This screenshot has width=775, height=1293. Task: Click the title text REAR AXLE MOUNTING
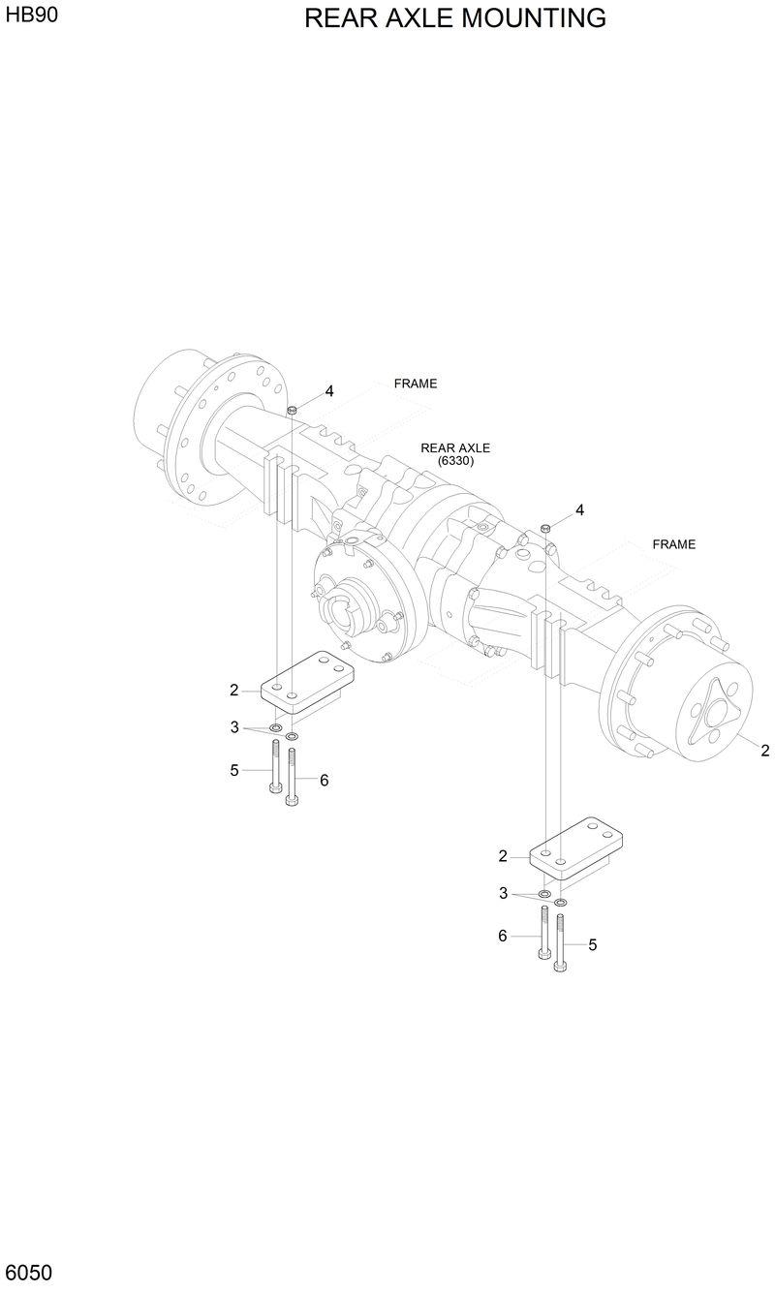pyautogui.click(x=455, y=18)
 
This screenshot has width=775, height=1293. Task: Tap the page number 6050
pyautogui.click(x=29, y=1271)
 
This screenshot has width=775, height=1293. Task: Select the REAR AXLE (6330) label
pyautogui.click(x=455, y=454)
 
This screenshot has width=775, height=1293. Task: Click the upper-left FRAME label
pyautogui.click(x=416, y=384)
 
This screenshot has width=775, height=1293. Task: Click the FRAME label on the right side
pyautogui.click(x=673, y=544)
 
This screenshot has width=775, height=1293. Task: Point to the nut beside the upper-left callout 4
pyautogui.click(x=292, y=411)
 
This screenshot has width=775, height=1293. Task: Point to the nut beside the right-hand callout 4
pyautogui.click(x=545, y=527)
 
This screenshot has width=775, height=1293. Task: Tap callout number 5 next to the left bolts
pyautogui.click(x=234, y=771)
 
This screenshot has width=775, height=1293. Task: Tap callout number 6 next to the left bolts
pyautogui.click(x=324, y=780)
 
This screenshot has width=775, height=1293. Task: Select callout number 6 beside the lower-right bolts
pyautogui.click(x=503, y=936)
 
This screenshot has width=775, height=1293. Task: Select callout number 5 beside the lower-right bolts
pyautogui.click(x=592, y=943)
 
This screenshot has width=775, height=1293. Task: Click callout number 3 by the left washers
pyautogui.click(x=234, y=726)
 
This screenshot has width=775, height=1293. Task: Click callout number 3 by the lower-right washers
pyautogui.click(x=503, y=893)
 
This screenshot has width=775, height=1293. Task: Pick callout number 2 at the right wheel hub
pyautogui.click(x=764, y=750)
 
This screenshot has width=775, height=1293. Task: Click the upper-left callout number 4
pyautogui.click(x=329, y=391)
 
